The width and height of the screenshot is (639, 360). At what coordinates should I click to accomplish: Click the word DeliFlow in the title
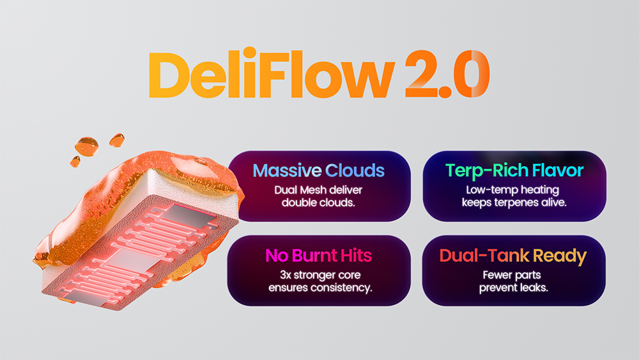click(x=272, y=74)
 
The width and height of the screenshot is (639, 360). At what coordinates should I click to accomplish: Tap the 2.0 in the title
click(x=447, y=74)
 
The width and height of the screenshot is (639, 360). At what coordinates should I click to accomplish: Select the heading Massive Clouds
click(x=319, y=171)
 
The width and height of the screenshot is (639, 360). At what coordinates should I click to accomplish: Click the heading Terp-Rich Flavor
click(x=514, y=171)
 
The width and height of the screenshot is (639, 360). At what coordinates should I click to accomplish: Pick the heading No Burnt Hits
click(x=319, y=256)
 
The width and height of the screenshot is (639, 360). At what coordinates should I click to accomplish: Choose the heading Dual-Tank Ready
click(x=513, y=256)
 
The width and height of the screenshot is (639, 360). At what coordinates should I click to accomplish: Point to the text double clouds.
click(x=318, y=203)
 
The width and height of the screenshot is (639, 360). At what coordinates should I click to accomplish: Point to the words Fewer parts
click(x=512, y=275)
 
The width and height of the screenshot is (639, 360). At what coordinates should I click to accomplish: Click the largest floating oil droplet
click(x=87, y=146)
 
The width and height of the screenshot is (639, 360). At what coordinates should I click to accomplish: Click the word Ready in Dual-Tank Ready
click(x=560, y=256)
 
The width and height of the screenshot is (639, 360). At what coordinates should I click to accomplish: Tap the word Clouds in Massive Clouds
click(x=355, y=171)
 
